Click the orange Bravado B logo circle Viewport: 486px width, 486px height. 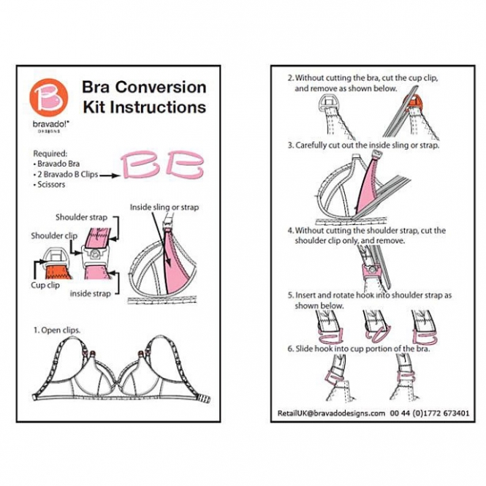(x=49, y=98)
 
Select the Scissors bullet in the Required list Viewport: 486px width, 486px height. (x=49, y=184)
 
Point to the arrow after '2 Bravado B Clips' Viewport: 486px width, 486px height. (x=110, y=175)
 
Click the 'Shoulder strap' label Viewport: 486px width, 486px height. (x=82, y=217)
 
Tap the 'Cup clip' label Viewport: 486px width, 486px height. (x=45, y=285)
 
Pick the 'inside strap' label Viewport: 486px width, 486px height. (x=90, y=294)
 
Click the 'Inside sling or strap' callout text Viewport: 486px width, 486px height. (x=164, y=207)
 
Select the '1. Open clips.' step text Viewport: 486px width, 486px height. (x=57, y=330)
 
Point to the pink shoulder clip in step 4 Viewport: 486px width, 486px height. (x=371, y=272)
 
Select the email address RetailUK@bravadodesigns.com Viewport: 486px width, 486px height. (x=331, y=413)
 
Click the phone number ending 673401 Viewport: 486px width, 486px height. (x=430, y=413)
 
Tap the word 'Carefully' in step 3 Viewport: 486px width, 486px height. (x=311, y=145)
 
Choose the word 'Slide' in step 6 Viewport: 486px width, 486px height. (x=304, y=349)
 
